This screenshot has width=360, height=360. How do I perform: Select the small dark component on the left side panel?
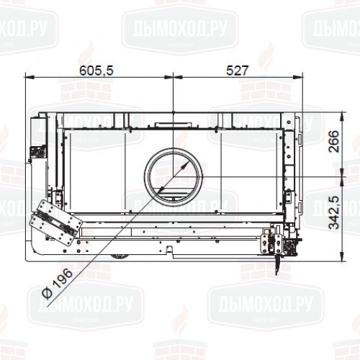(33, 152)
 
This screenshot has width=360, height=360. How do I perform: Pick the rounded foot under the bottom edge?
(114, 258)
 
